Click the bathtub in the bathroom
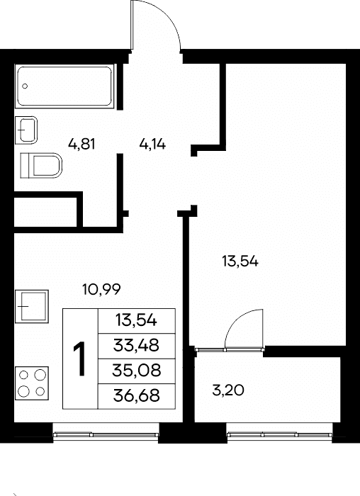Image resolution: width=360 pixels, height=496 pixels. click(64, 86)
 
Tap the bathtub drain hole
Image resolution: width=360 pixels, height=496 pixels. click(25, 86)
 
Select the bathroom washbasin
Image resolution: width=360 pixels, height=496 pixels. click(26, 130)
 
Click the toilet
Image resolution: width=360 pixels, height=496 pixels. click(41, 165)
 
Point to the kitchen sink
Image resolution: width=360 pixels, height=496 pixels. click(32, 306)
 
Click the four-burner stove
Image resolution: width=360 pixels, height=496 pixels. click(32, 383)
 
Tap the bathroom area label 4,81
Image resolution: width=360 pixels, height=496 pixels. click(81, 145)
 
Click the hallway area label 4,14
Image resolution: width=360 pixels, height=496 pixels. click(152, 145)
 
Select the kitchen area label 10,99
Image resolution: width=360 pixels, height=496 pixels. click(101, 289)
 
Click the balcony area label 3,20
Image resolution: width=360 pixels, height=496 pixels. click(228, 390)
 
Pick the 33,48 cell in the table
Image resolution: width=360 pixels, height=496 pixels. click(136, 346)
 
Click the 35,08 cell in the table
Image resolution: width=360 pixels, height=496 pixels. click(136, 371)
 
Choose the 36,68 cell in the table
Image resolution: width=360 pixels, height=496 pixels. click(136, 396)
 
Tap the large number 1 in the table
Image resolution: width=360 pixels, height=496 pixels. click(79, 359)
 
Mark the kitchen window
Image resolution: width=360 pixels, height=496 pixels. click(106, 435)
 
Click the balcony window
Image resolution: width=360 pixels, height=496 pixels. click(280, 435)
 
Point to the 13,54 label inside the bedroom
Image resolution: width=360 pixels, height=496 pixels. click(240, 261)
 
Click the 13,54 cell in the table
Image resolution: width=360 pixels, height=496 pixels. click(136, 321)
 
